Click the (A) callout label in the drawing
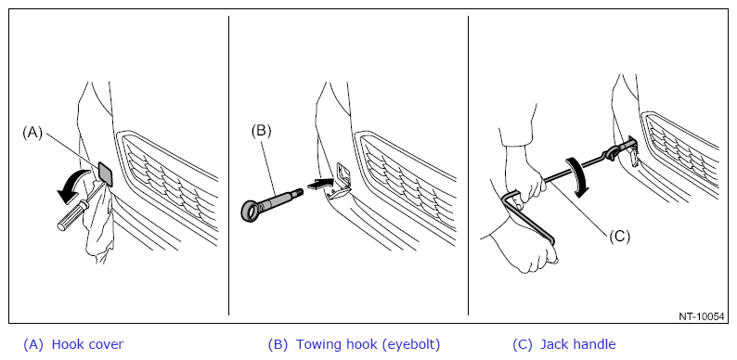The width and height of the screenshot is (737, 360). pos(32,133)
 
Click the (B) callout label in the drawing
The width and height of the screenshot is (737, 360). pos(261,131)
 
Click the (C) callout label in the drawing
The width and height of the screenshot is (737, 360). pos(619,237)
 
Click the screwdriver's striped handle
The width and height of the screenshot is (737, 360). pos(71,216)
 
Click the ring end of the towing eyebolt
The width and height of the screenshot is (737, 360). pos(252,210)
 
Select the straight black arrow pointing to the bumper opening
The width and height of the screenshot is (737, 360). pos(319,185)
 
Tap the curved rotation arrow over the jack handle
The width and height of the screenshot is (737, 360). pos(579,176)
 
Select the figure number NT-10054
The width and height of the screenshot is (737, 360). pos(701,316)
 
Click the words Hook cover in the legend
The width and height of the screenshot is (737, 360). pos(87,344)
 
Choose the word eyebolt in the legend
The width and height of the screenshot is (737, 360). pos(411,345)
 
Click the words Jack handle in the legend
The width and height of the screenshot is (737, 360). pos(578,344)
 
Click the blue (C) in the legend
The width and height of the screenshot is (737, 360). pos(523,345)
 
